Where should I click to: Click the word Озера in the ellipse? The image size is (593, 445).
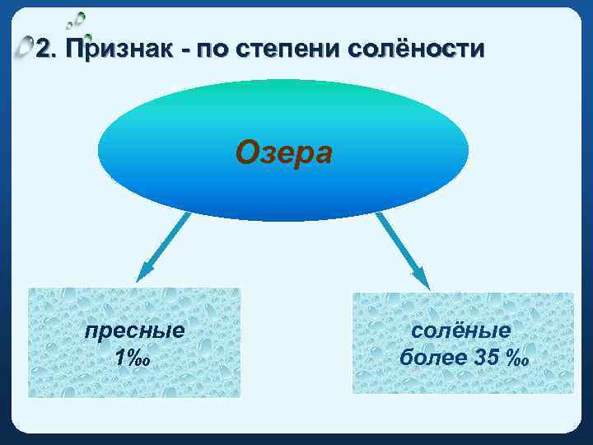point(283,152)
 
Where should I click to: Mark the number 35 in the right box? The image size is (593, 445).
point(486,358)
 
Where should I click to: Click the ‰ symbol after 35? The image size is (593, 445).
point(517,359)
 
